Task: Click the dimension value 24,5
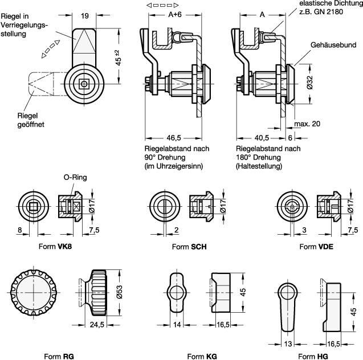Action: click(96, 326)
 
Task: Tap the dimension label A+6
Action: click(169, 15)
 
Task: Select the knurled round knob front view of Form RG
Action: click(32, 294)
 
